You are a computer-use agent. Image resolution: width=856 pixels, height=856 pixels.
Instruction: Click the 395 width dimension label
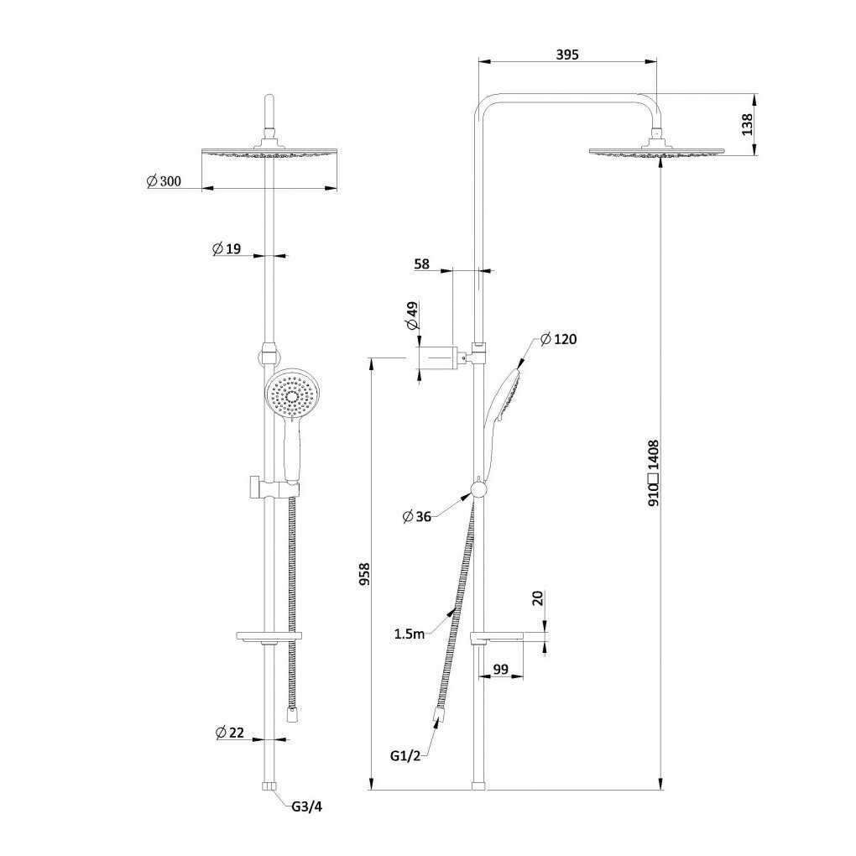566,55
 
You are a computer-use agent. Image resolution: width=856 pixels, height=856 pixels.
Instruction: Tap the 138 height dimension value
748,124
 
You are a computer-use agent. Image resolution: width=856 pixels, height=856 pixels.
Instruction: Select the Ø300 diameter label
164,180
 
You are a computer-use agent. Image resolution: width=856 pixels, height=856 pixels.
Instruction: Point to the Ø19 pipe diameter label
226,249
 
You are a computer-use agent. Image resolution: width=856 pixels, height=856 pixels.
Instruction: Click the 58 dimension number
422,264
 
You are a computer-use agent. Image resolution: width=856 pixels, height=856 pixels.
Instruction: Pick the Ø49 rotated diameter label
412,316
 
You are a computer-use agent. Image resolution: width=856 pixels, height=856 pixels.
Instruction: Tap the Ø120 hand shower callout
558,339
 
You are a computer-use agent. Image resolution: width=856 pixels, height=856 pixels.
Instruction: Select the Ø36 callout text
416,516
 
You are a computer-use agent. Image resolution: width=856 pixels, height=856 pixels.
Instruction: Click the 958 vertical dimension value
364,574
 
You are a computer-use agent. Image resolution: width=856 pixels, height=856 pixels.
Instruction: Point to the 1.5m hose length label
410,634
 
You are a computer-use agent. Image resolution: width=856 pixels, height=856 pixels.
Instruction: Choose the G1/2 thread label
405,755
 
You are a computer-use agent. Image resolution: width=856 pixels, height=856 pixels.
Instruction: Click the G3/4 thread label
307,806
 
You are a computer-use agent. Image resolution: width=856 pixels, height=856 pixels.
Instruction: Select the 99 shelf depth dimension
501,669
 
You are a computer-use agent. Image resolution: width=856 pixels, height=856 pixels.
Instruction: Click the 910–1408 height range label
654,472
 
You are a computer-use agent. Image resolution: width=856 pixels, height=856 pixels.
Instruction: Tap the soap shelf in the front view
269,635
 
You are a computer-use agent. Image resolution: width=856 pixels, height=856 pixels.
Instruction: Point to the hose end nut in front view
293,715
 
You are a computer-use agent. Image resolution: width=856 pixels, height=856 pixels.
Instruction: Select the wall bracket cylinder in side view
436,358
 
